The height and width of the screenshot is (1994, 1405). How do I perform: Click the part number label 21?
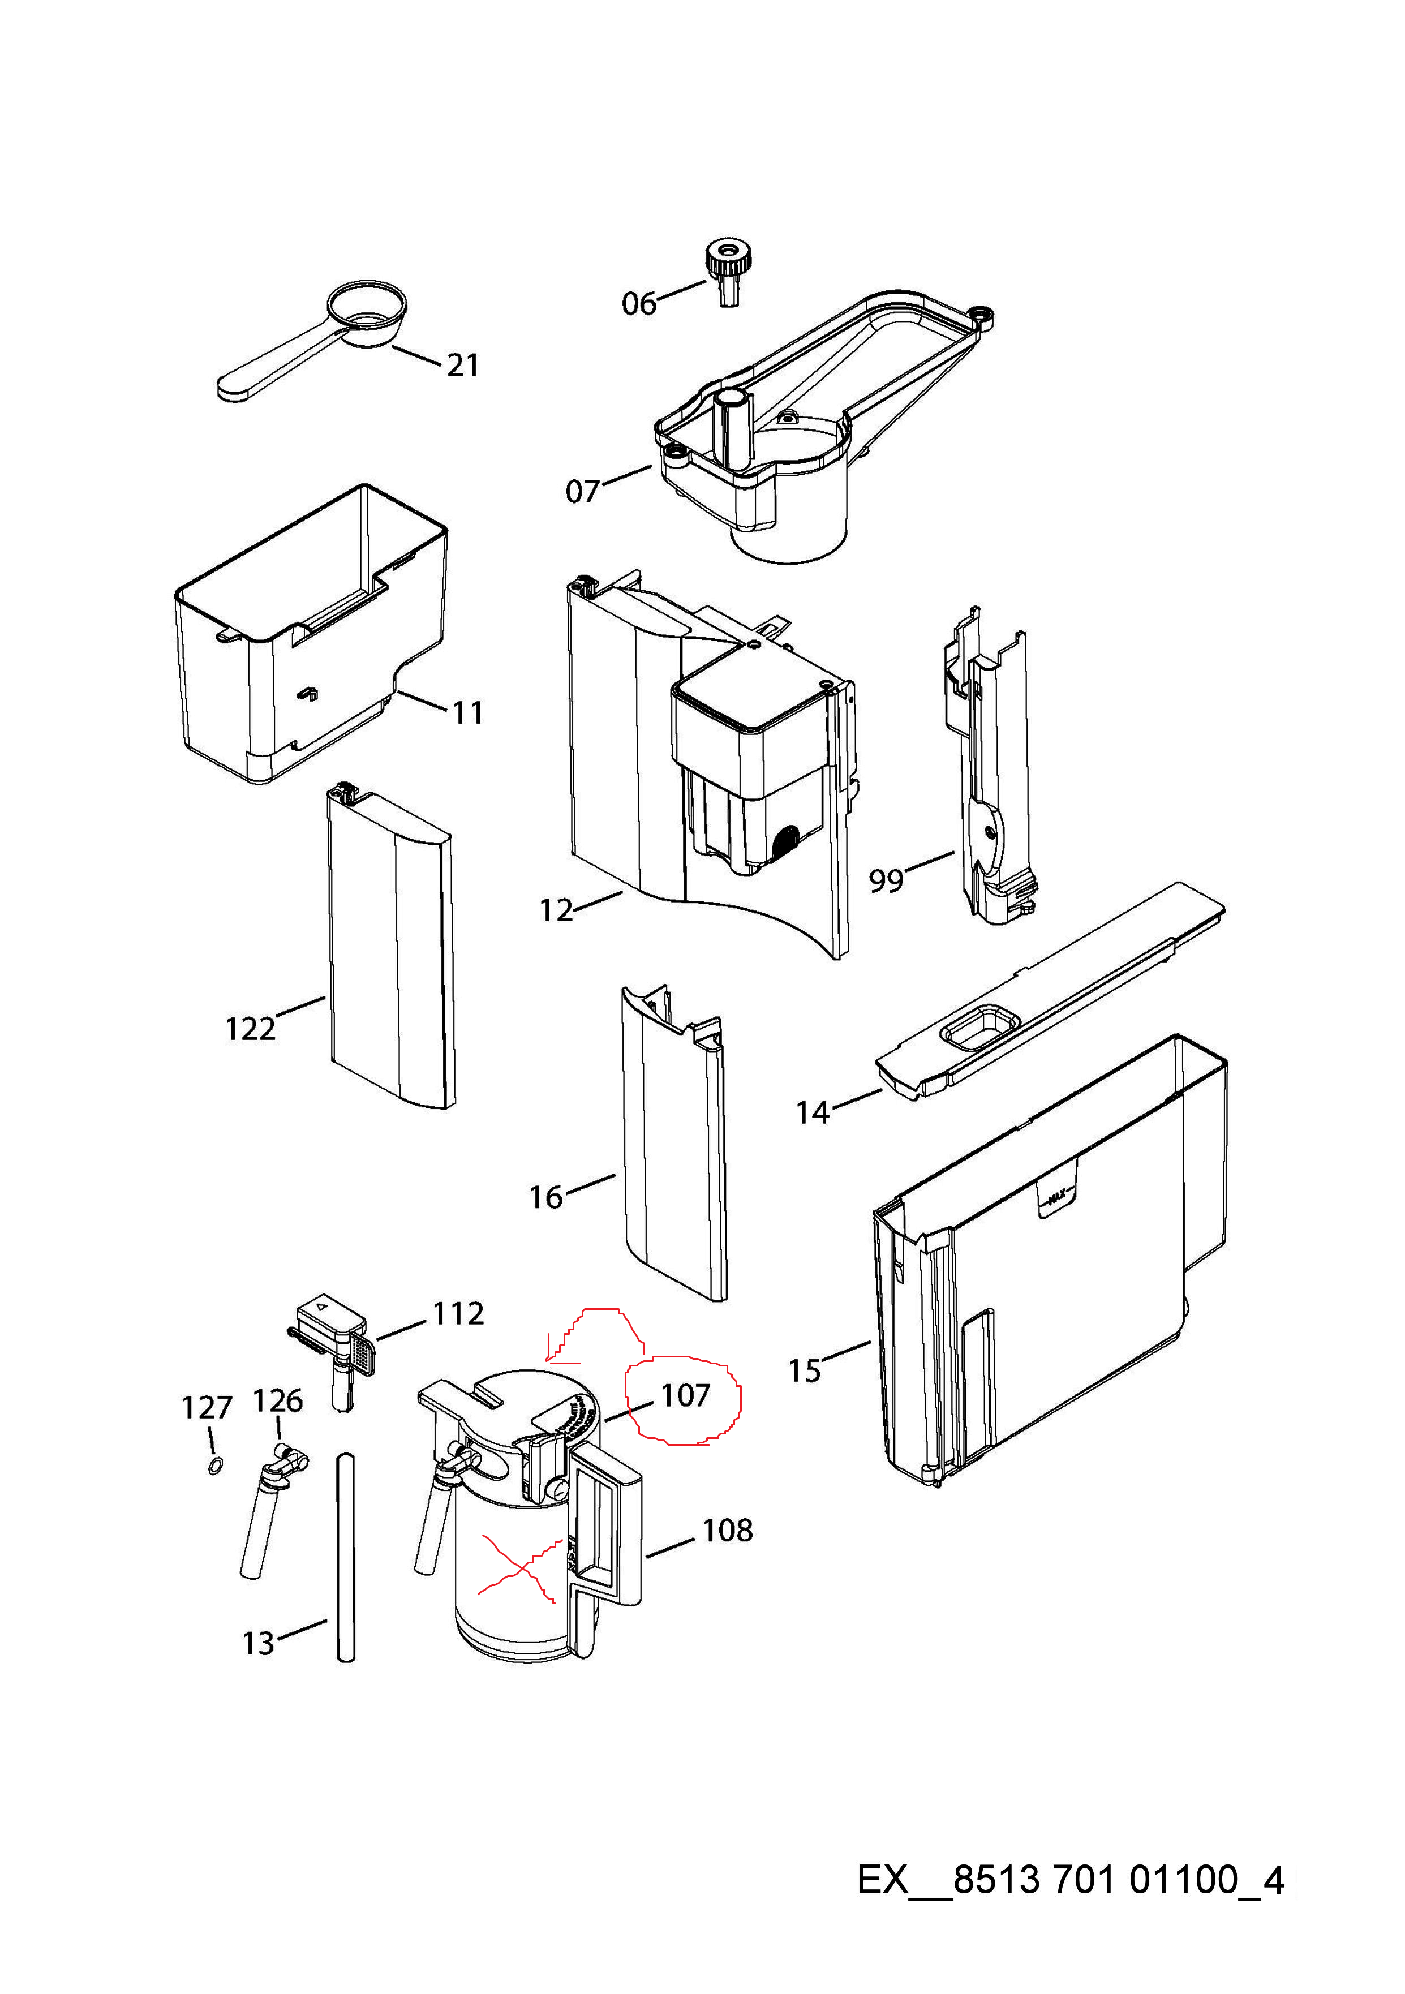[463, 366]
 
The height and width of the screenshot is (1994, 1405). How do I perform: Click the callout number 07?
[583, 492]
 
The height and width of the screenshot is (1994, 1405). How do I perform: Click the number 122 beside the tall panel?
[250, 1029]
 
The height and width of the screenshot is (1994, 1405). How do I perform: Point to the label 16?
[546, 1198]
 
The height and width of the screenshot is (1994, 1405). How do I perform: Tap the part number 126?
[278, 1401]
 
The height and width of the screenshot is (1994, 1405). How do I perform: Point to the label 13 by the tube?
[259, 1643]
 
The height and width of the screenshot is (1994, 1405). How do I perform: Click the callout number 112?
[458, 1313]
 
